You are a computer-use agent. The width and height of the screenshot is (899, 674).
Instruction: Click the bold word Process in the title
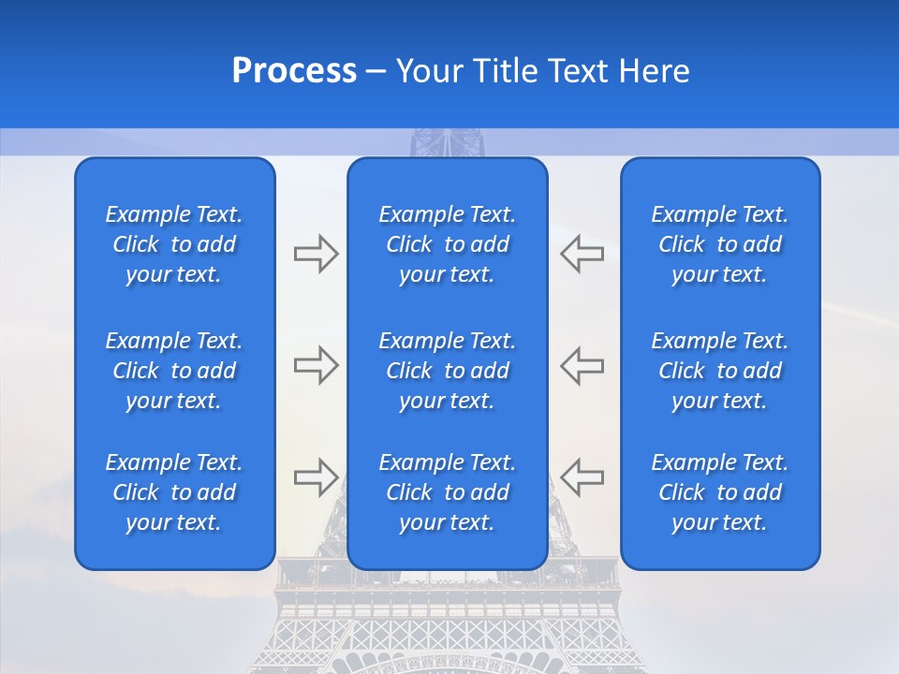294,71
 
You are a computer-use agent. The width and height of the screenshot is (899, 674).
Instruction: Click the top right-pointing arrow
316,254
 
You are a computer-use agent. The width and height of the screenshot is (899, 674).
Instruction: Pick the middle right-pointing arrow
316,365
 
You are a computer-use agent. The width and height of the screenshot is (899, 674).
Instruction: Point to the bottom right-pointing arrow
316,476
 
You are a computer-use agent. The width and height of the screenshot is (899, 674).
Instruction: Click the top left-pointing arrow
582,254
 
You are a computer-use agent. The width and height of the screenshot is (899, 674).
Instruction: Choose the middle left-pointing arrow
582,365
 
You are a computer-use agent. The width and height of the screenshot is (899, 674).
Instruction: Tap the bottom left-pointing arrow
582,476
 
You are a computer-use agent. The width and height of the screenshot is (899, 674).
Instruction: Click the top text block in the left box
174,244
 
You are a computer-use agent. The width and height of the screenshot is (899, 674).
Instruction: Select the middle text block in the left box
174,371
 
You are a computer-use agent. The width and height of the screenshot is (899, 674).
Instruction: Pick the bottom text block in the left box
174,492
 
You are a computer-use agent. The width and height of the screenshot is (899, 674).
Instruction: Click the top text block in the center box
448,244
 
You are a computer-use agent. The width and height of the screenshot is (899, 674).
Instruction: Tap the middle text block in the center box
448,371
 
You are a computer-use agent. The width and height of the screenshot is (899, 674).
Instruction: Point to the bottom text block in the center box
448,492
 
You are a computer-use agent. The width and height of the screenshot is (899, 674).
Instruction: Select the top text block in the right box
720,244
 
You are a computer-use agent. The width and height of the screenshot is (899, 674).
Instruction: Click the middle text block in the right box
720,371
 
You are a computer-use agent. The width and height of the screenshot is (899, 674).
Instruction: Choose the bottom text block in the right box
720,492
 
